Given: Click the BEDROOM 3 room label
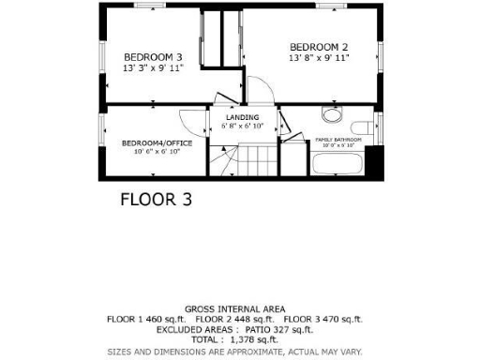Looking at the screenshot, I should click(153, 57).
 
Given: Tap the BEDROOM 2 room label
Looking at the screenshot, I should click(319, 47).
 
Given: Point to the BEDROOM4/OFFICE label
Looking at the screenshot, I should click(157, 142).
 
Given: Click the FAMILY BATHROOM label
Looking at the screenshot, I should click(341, 139).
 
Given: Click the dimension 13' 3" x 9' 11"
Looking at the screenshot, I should click(153, 67).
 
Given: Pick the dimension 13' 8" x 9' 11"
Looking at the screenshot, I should click(319, 58).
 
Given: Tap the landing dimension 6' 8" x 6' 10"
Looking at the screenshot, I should click(242, 125).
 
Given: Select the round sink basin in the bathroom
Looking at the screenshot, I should click(330, 116).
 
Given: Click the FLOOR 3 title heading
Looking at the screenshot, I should click(156, 199).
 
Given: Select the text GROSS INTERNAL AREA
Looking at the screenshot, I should click(235, 308).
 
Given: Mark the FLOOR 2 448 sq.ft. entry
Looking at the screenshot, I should click(234, 319).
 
